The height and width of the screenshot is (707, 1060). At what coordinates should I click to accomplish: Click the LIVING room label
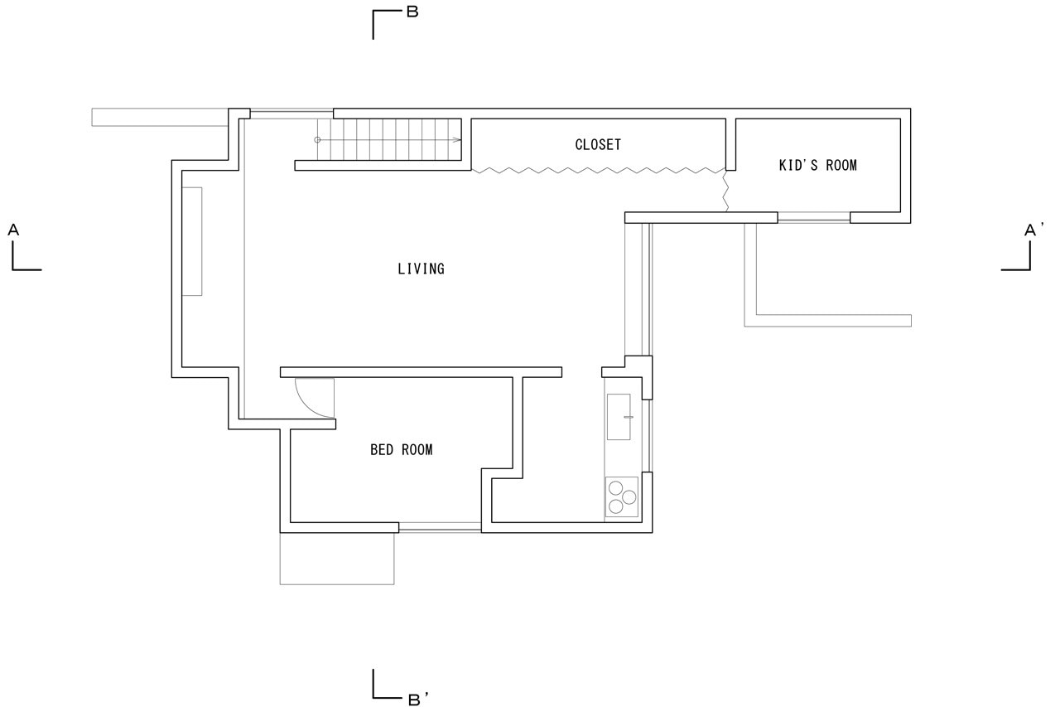tap(421, 269)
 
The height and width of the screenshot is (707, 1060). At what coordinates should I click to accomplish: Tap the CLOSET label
tap(598, 144)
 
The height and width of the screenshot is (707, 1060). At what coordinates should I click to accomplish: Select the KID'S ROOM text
tap(817, 165)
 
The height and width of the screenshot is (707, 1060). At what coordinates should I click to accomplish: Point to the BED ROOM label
tap(401, 450)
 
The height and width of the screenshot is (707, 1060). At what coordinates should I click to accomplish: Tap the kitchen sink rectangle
tap(619, 417)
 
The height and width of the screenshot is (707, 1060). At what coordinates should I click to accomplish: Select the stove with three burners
tap(621, 496)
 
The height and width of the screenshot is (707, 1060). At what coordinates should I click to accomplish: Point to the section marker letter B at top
tap(412, 12)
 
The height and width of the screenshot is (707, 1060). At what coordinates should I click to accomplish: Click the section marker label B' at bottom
tap(417, 700)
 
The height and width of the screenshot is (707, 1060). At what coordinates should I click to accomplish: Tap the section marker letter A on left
tap(13, 230)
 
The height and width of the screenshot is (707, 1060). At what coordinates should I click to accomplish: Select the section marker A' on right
tap(1032, 230)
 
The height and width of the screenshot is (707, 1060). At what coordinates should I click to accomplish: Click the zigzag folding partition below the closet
tap(596, 170)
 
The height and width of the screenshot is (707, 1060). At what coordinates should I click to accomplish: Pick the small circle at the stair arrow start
tap(317, 140)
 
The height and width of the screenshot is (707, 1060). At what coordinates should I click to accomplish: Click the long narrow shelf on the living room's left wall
tap(192, 241)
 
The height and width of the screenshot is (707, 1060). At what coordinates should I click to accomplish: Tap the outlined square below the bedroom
tap(336, 559)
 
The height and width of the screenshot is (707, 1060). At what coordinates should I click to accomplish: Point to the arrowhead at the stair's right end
tap(457, 140)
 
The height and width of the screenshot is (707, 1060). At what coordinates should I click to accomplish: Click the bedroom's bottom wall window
tap(439, 527)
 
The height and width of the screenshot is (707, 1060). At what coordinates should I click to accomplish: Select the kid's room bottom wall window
tap(813, 219)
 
